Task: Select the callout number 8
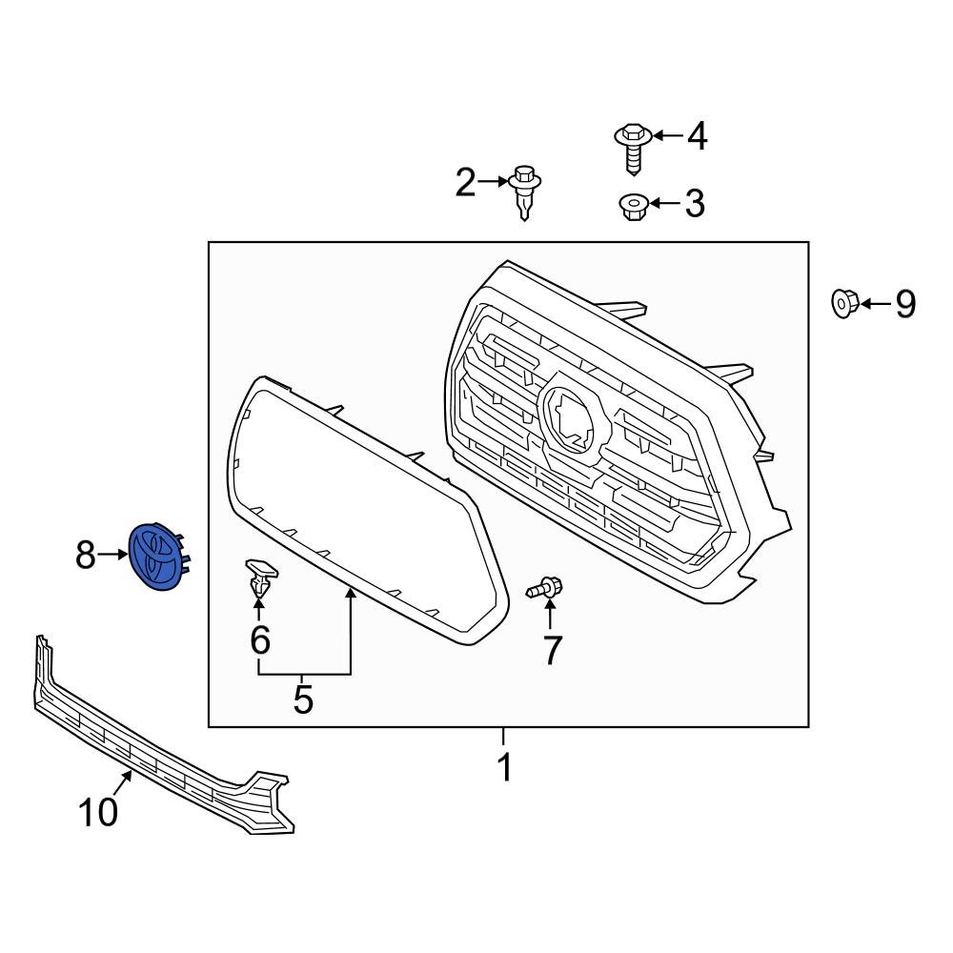[86, 555]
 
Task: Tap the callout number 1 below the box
[504, 766]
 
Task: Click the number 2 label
[465, 181]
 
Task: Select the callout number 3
[695, 203]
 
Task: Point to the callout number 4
[697, 136]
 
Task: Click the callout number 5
[303, 700]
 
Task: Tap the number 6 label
[259, 639]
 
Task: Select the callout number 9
[903, 305]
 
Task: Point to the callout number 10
[98, 812]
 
